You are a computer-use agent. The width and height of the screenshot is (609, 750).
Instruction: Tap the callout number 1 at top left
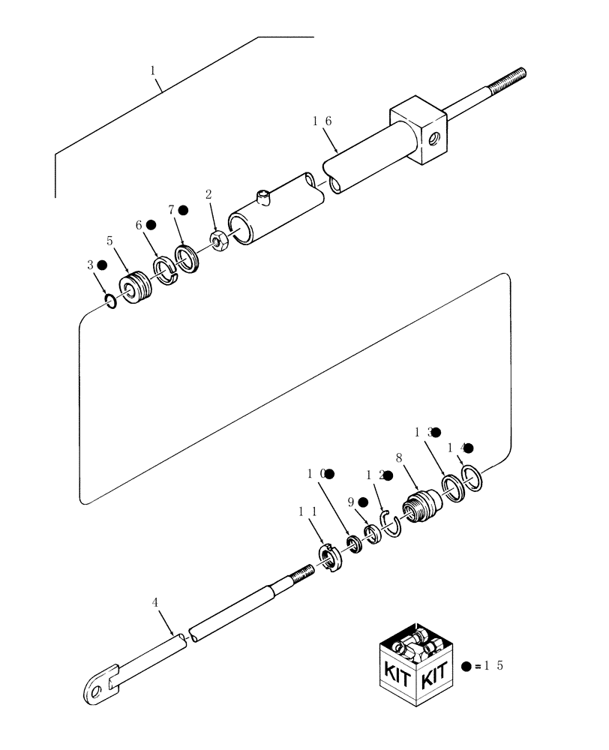click(153, 70)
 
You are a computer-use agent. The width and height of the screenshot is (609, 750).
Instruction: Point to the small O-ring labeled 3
click(109, 301)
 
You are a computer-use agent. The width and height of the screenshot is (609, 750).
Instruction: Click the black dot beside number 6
click(151, 224)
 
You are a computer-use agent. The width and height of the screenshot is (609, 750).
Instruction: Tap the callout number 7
click(172, 211)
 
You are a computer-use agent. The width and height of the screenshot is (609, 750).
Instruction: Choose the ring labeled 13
click(453, 488)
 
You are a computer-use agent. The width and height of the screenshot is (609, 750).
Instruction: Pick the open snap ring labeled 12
click(392, 523)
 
